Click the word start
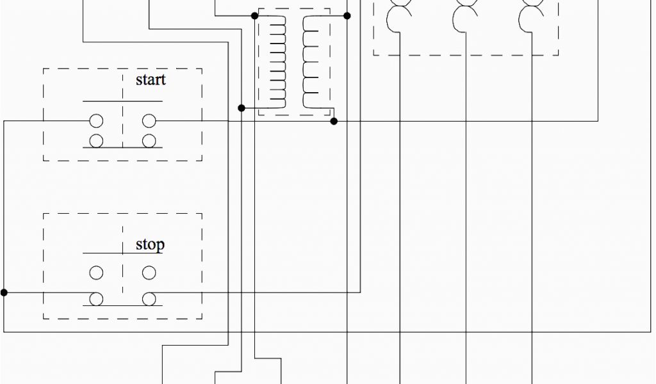click(151, 80)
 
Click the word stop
click(150, 245)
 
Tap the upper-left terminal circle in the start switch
click(96, 120)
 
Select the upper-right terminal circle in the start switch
click(149, 120)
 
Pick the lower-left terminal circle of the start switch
click(96, 141)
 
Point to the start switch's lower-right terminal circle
click(149, 141)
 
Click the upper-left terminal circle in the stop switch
click(96, 273)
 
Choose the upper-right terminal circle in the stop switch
click(149, 273)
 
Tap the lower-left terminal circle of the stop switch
click(96, 298)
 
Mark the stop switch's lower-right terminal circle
click(149, 298)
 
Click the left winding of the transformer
click(278, 61)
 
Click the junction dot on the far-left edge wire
click(4, 292)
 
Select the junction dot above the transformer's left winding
click(255, 15)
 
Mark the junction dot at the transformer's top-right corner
click(347, 15)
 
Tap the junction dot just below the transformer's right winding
click(334, 120)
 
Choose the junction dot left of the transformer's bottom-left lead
click(242, 108)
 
